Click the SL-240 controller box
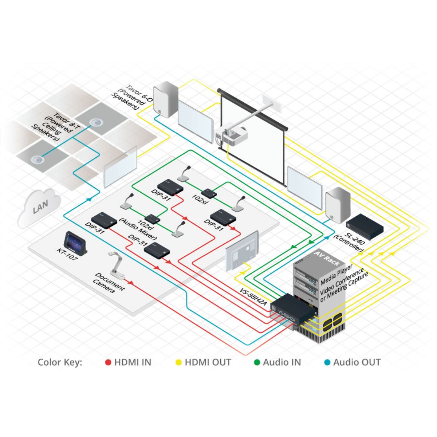365,226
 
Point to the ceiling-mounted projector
232,136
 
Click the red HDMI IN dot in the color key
108,362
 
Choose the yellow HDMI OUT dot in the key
179,362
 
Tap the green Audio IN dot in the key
257,362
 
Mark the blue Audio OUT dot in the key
327,362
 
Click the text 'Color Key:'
60,362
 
